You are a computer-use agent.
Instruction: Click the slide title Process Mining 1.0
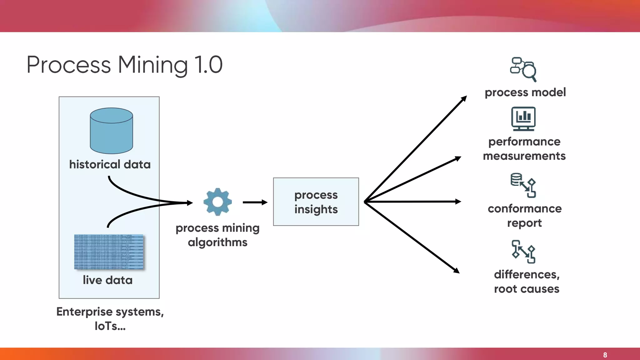coord(124,65)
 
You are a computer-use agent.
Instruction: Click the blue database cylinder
coord(111,131)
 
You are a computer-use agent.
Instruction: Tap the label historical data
coord(110,164)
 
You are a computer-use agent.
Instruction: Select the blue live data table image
coord(109,252)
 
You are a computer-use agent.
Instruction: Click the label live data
coord(107,280)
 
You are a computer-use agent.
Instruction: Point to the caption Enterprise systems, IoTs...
coord(110,319)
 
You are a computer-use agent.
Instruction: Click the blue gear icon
coord(217,202)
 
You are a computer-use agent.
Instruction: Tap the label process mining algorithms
coord(217,235)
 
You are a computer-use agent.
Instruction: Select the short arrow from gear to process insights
coord(255,202)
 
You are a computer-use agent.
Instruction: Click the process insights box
coord(316,202)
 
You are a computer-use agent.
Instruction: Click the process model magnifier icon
coord(523,69)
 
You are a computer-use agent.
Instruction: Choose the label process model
coord(525,92)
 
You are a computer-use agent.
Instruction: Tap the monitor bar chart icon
coord(523,119)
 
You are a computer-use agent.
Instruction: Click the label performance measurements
coord(524,149)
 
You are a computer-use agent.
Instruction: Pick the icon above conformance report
coord(523,185)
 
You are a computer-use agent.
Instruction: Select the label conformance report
coord(524,216)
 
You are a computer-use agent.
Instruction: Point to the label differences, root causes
coord(527,282)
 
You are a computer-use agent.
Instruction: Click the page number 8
coord(605,355)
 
